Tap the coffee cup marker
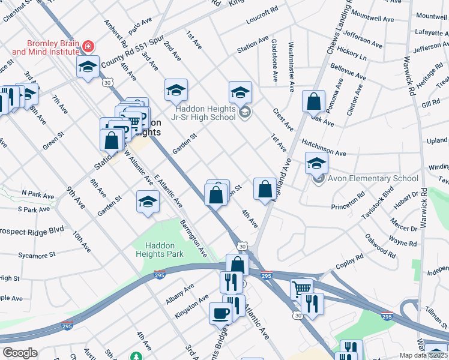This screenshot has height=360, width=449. [220, 313]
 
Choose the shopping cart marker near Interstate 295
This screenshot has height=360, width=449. [301, 289]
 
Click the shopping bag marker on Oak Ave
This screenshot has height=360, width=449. [314, 101]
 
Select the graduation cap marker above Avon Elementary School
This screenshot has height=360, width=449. [317, 162]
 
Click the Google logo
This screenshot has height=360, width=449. [20, 353]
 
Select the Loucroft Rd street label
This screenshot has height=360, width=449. [262, 16]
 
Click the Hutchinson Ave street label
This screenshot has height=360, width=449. [324, 149]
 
